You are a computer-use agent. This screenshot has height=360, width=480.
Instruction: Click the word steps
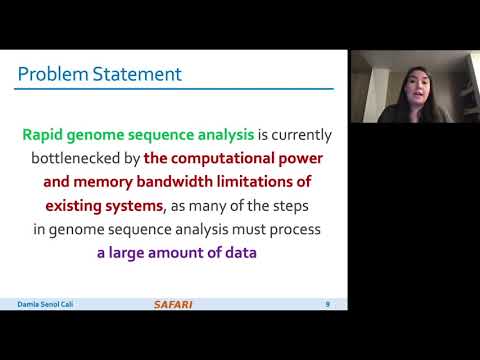pos(301,205)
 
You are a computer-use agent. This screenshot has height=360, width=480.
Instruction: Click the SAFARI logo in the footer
pos(174,304)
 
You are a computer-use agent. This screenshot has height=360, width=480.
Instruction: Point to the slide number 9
pos(327,303)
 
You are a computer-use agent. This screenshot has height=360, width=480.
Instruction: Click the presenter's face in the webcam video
pos(413,83)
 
